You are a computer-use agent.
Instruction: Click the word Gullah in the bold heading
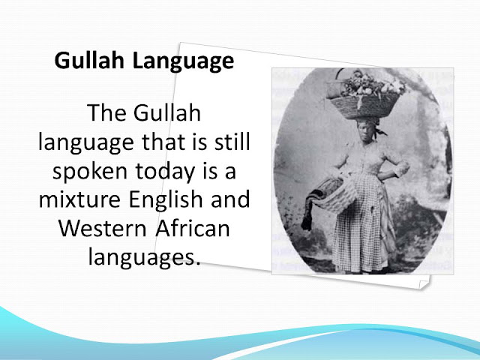89,60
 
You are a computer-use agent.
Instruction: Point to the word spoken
90,172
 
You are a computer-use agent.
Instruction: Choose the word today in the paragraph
165,172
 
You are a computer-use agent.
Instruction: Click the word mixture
79,199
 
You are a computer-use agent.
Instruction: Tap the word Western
103,228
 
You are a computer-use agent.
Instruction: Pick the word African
192,228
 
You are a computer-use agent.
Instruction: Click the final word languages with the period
144,258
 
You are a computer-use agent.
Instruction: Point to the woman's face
365,132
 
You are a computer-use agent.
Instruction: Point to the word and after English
230,199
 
